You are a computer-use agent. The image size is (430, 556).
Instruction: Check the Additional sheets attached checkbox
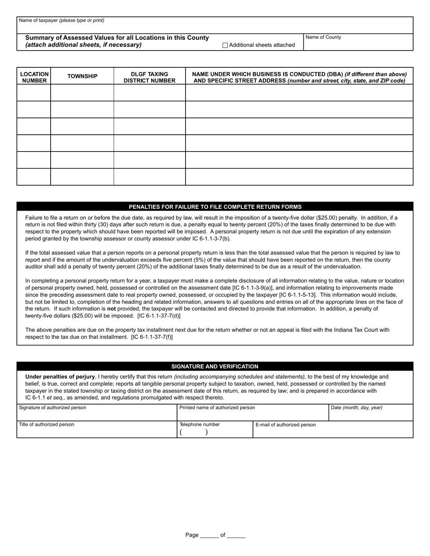tap(225, 45)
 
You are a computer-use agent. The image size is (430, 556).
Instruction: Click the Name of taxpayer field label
tap(61, 20)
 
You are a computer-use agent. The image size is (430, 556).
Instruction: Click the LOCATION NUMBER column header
tap(34, 77)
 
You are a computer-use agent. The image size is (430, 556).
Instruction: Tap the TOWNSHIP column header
tap(82, 76)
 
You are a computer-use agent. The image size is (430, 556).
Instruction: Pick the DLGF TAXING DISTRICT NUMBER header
tap(149, 77)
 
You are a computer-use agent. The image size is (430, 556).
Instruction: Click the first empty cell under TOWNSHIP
tap(82, 93)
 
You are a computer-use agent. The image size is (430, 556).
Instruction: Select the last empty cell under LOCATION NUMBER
tap(34, 177)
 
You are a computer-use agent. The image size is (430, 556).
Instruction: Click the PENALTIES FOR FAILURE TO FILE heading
tap(215, 207)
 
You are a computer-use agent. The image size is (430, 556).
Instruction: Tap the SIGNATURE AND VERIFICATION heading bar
tap(215, 367)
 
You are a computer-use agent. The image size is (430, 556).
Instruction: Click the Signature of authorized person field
tap(96, 415)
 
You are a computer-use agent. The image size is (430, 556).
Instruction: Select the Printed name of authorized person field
tap(253, 415)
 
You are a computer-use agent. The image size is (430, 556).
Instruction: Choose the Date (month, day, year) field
tap(370, 415)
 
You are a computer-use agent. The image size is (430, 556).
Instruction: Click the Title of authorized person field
tap(96, 432)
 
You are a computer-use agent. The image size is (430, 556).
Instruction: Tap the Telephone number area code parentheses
tap(194, 432)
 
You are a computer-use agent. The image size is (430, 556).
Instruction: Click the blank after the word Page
tap(209, 535)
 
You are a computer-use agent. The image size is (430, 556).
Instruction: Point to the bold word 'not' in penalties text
tap(111, 309)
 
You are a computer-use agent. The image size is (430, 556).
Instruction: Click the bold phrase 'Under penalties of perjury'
tap(60, 377)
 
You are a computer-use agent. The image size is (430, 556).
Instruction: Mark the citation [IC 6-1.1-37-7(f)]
tap(152, 337)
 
